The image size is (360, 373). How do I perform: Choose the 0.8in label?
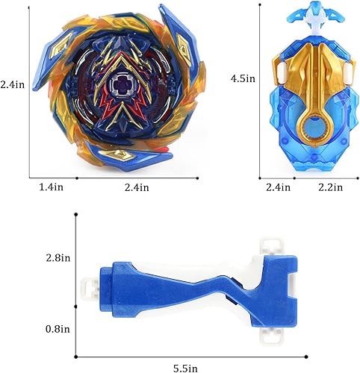57,328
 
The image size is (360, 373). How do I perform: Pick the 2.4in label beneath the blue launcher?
277,189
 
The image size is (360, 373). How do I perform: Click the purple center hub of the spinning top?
120,88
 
